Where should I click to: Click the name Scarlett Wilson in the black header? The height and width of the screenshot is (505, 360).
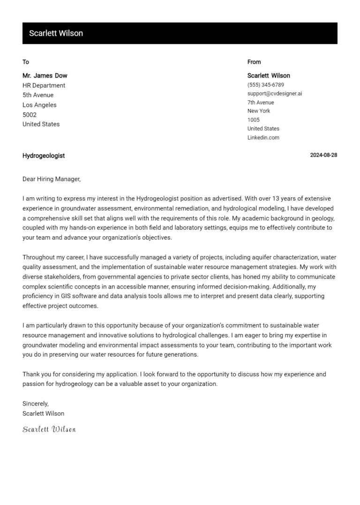[56, 33]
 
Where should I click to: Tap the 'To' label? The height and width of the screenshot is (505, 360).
[26, 62]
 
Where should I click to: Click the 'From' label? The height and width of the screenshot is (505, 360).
[254, 62]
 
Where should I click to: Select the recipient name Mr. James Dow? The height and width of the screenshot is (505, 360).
[45, 75]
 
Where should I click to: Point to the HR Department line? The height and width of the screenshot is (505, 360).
[44, 85]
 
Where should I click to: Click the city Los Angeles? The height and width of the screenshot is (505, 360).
[39, 105]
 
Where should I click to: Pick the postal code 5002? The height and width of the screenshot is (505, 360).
[29, 115]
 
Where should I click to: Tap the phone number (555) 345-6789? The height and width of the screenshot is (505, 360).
[265, 85]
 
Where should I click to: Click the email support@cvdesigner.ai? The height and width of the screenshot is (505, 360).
[274, 94]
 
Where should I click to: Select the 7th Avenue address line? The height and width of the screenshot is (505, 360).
[261, 103]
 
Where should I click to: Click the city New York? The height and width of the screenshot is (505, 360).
[259, 111]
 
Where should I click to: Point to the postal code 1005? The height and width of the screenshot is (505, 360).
[253, 120]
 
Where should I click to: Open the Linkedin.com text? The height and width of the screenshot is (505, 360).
[263, 138]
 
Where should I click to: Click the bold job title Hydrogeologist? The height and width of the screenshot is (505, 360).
[44, 156]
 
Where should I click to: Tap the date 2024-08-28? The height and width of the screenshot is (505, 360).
[323, 156]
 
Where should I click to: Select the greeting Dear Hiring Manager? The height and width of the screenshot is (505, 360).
[52, 179]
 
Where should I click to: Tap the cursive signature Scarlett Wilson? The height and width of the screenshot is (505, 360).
[49, 429]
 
